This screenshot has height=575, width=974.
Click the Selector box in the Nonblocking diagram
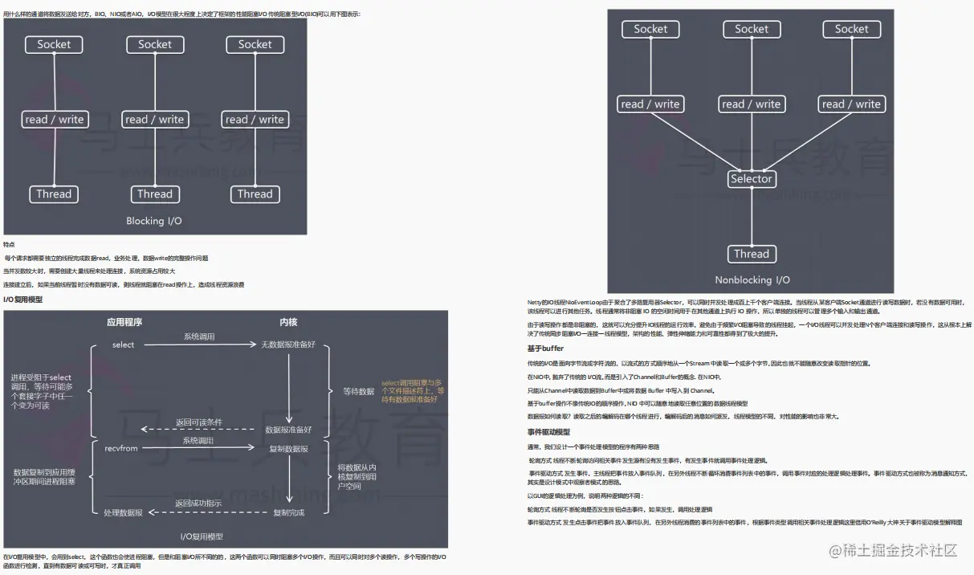tap(751, 179)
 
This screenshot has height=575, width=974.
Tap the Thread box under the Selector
tap(751, 254)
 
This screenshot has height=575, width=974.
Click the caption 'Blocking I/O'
tap(154, 221)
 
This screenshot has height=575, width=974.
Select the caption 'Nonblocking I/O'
tap(752, 280)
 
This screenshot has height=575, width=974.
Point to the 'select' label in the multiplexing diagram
tap(123, 345)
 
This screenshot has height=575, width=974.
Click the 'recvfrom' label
tap(121, 449)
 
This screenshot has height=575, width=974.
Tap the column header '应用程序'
tap(124, 322)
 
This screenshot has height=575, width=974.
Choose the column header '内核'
tap(288, 322)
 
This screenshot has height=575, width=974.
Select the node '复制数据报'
tap(288, 449)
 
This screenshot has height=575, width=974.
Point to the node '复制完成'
tap(288, 512)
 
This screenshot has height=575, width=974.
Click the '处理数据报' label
tap(123, 512)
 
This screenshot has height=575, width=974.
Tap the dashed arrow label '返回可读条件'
tap(199, 422)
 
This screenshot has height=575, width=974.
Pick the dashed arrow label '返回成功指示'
tap(198, 504)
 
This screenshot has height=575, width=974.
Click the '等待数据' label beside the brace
tap(358, 391)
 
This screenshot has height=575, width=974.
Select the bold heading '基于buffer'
tap(545, 349)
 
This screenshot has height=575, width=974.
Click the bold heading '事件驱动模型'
tap(548, 432)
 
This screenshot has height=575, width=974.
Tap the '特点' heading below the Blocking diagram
tap(9, 244)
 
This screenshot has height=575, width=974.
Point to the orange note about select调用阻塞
tap(413, 391)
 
